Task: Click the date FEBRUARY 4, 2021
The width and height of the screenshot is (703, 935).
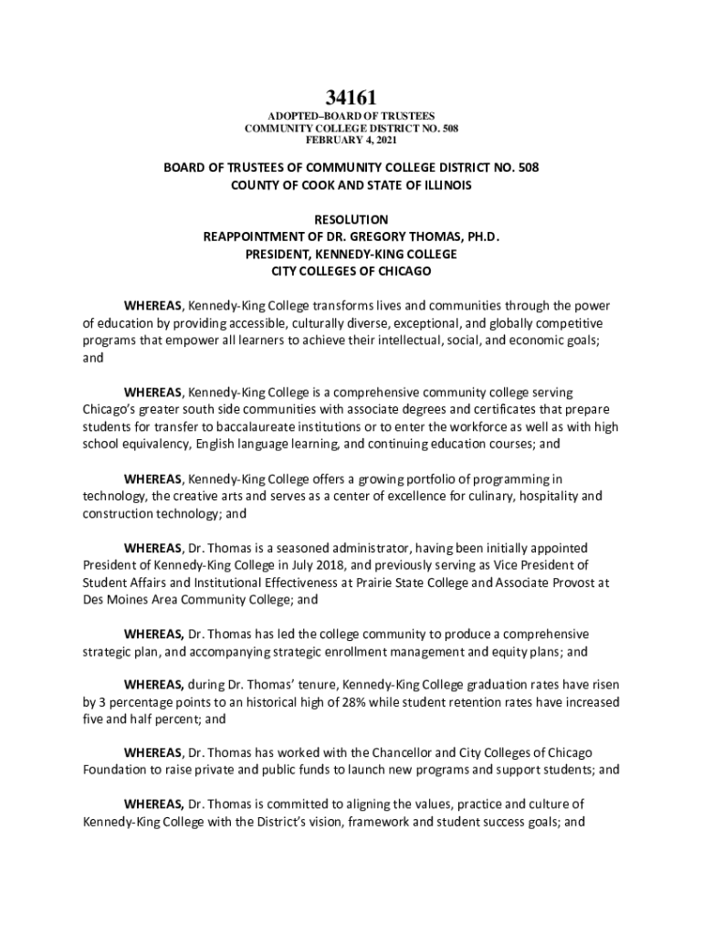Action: coord(351,141)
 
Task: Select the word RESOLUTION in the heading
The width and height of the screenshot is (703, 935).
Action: coord(351,219)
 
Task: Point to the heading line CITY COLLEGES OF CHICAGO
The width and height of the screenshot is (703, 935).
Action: coord(351,271)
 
